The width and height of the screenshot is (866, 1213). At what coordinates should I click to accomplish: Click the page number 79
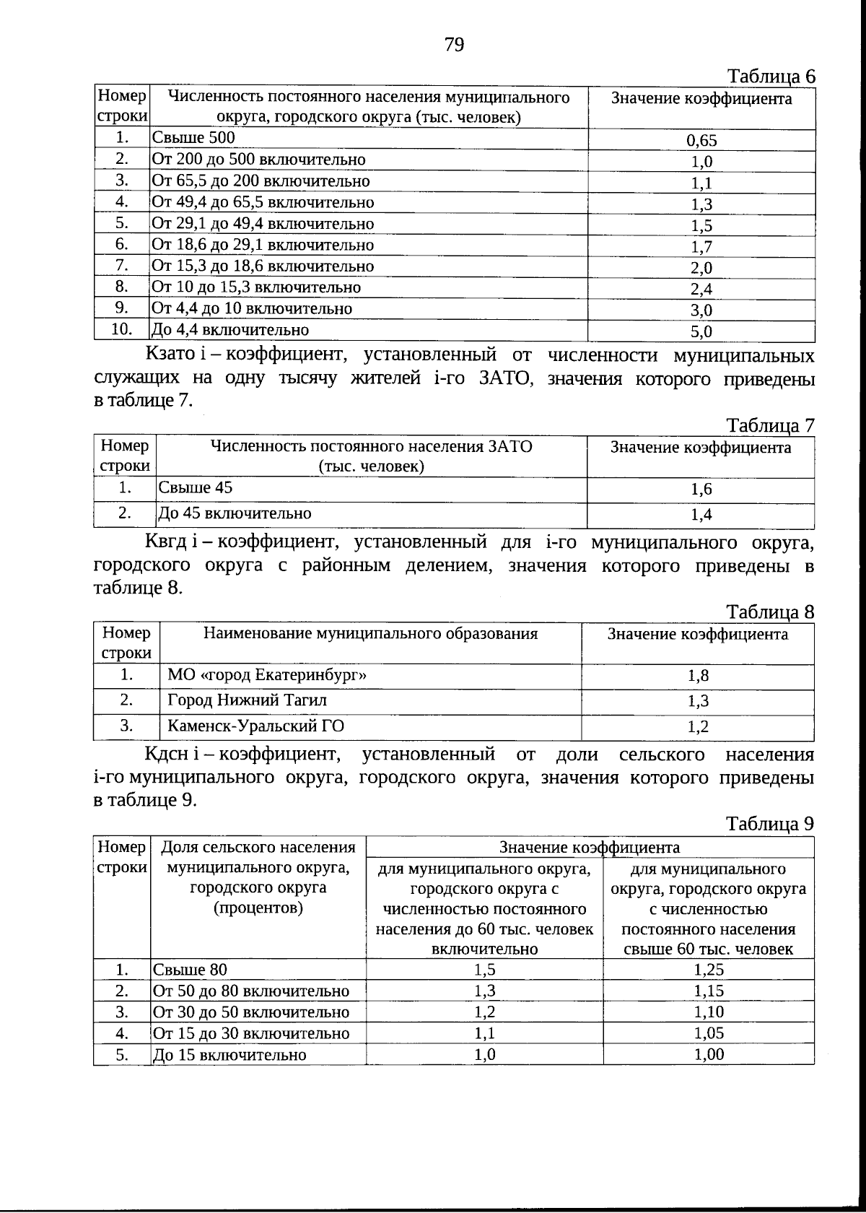tap(454, 45)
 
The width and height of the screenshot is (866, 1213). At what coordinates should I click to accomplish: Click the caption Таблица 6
tap(770, 77)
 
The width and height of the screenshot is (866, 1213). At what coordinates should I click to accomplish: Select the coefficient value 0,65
tap(701, 141)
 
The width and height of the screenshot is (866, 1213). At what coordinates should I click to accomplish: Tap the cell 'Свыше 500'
tap(193, 138)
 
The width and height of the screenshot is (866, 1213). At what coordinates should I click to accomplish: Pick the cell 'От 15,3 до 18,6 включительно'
tap(263, 266)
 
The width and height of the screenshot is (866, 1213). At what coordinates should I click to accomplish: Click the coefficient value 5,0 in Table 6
tap(701, 332)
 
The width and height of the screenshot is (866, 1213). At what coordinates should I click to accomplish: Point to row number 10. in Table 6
tap(122, 330)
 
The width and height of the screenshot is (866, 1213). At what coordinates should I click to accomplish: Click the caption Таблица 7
tap(770, 426)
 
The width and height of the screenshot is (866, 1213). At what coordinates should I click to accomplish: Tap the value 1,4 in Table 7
tap(701, 515)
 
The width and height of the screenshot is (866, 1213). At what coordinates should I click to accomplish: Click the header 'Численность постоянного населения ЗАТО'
tap(371, 447)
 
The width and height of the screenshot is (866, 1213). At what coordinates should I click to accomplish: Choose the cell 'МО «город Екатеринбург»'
tap(267, 676)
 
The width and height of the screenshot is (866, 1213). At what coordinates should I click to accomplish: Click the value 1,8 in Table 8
tap(698, 677)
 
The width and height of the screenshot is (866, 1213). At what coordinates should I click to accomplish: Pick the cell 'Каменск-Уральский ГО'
tap(255, 726)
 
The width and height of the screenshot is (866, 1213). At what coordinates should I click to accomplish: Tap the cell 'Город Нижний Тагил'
tap(247, 701)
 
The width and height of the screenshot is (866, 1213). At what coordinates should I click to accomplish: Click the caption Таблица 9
tap(770, 825)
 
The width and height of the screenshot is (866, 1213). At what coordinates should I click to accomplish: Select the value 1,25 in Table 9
tap(709, 970)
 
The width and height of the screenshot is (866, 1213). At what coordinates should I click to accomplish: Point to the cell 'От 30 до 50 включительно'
tap(250, 1012)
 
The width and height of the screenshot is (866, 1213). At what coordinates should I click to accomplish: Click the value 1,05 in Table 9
tap(709, 1034)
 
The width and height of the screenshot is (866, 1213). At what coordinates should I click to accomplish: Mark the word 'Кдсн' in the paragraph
tap(167, 755)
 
